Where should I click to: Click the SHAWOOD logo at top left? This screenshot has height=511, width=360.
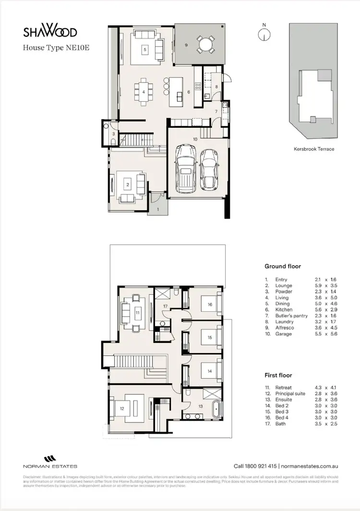[x=50, y=32]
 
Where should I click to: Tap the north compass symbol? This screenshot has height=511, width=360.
[x=263, y=34]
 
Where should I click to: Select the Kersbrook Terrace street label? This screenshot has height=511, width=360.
[x=314, y=149]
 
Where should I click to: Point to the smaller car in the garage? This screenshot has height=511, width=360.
[x=209, y=169]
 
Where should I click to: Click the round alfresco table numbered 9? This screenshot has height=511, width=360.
[x=205, y=45]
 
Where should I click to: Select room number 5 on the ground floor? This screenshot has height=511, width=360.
[x=144, y=49]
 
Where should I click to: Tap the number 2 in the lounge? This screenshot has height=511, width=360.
[x=128, y=184]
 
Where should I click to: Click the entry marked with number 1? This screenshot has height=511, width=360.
[x=158, y=209]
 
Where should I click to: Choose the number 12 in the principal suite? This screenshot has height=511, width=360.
[x=122, y=408]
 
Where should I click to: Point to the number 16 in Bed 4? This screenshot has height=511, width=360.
[x=210, y=304]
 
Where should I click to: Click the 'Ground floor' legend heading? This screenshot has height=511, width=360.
[x=283, y=266]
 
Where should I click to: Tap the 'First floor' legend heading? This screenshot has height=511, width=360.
[x=278, y=375]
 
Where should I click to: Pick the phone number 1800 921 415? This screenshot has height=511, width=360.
[x=262, y=466]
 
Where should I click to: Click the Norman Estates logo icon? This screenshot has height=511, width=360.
[x=50, y=458]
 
